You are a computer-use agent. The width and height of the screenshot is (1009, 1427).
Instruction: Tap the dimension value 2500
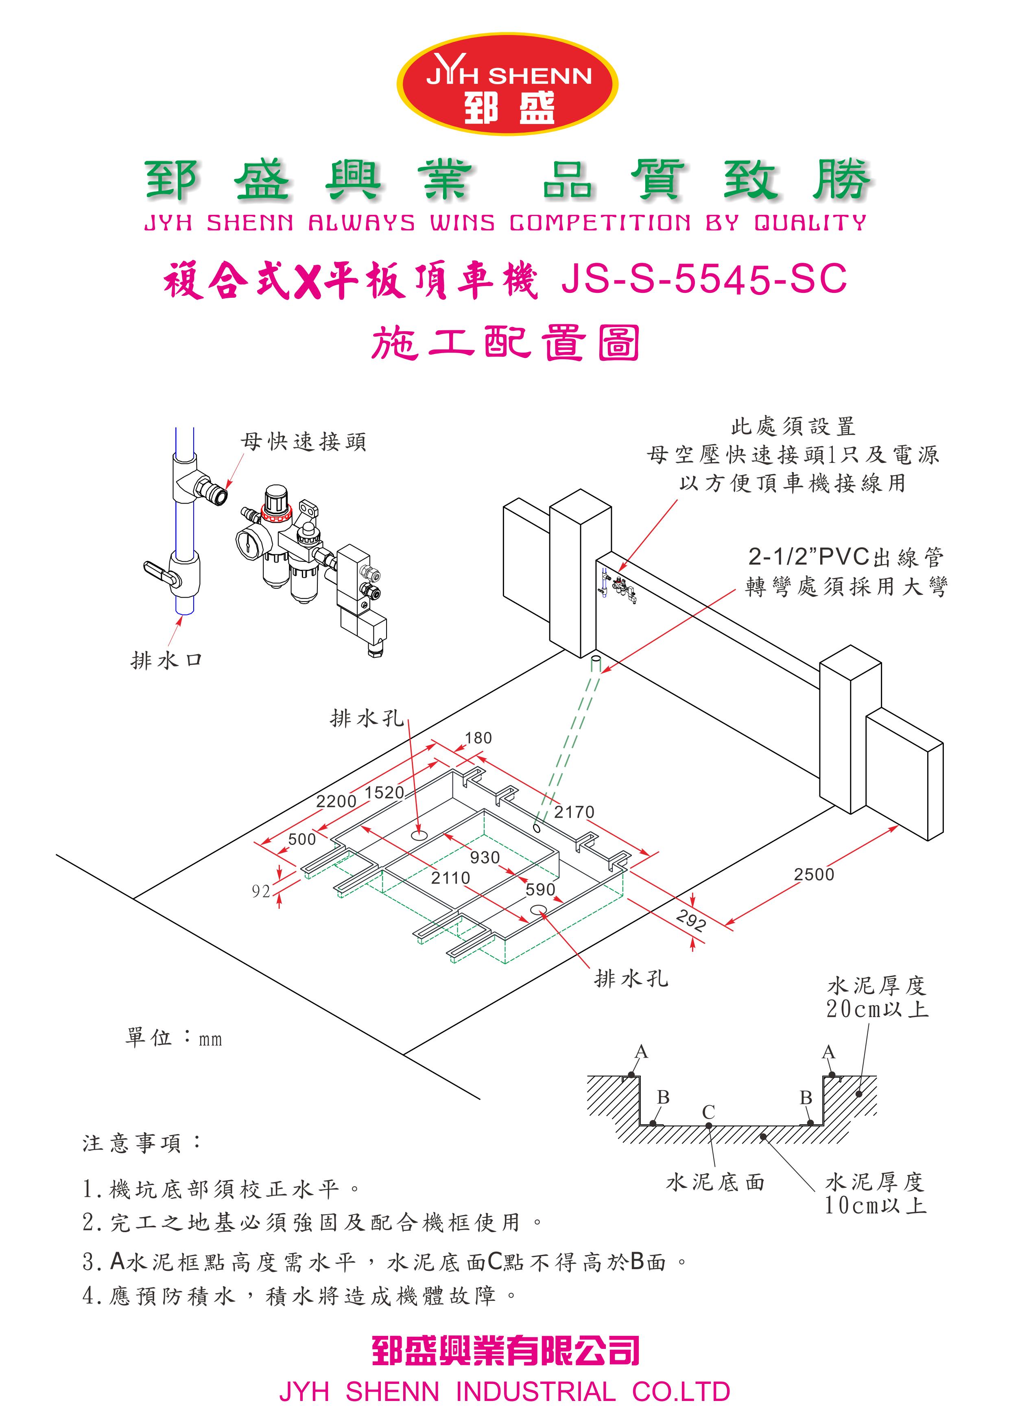(813, 875)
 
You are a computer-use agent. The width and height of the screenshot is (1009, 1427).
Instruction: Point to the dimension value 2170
(574, 812)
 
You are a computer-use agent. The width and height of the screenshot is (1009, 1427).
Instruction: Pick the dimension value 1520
(384, 792)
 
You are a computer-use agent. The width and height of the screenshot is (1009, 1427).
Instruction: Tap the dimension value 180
(478, 738)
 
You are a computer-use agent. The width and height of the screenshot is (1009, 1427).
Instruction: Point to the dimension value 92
(261, 891)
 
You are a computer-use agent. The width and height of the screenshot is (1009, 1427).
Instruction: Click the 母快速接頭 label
(304, 442)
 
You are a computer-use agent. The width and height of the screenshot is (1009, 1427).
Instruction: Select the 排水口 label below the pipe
(167, 660)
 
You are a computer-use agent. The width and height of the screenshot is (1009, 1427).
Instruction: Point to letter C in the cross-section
(708, 1112)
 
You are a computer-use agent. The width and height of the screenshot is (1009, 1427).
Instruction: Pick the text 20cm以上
(877, 1009)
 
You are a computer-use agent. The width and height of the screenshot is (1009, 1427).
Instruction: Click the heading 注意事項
(142, 1142)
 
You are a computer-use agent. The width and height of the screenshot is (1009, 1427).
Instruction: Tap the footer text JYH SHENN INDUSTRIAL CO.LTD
(504, 1392)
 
